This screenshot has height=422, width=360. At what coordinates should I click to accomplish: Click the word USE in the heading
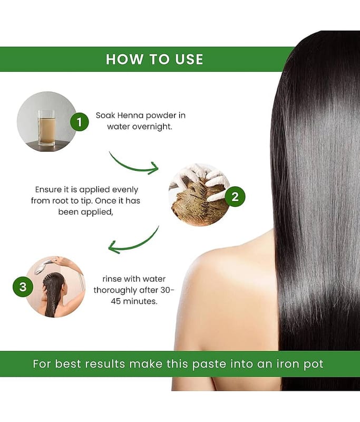pos(189,60)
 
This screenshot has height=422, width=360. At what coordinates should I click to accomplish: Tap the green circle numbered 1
pos(79,122)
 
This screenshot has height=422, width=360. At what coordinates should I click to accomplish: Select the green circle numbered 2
pos(235,197)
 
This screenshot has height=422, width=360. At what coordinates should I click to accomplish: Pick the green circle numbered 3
pos(23,287)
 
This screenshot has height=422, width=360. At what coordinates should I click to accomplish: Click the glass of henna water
pos(46,128)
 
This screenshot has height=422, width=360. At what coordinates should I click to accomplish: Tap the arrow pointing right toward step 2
pos(134,167)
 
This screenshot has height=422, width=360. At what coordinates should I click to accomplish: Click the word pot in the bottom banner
pos(314,365)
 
